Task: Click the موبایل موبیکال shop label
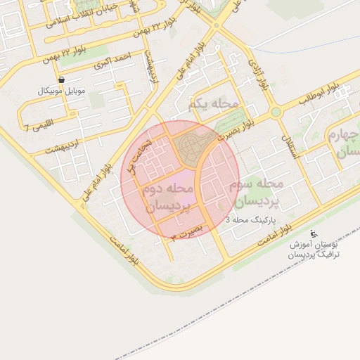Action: coord(63,92)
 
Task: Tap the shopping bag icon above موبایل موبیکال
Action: coord(63,81)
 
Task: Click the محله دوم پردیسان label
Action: coord(167,198)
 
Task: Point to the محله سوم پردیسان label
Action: coord(256,192)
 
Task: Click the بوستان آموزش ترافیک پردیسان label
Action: coord(314,250)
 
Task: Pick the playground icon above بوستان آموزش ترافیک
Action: coord(314,234)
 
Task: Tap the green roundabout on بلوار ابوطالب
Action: coord(276,112)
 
